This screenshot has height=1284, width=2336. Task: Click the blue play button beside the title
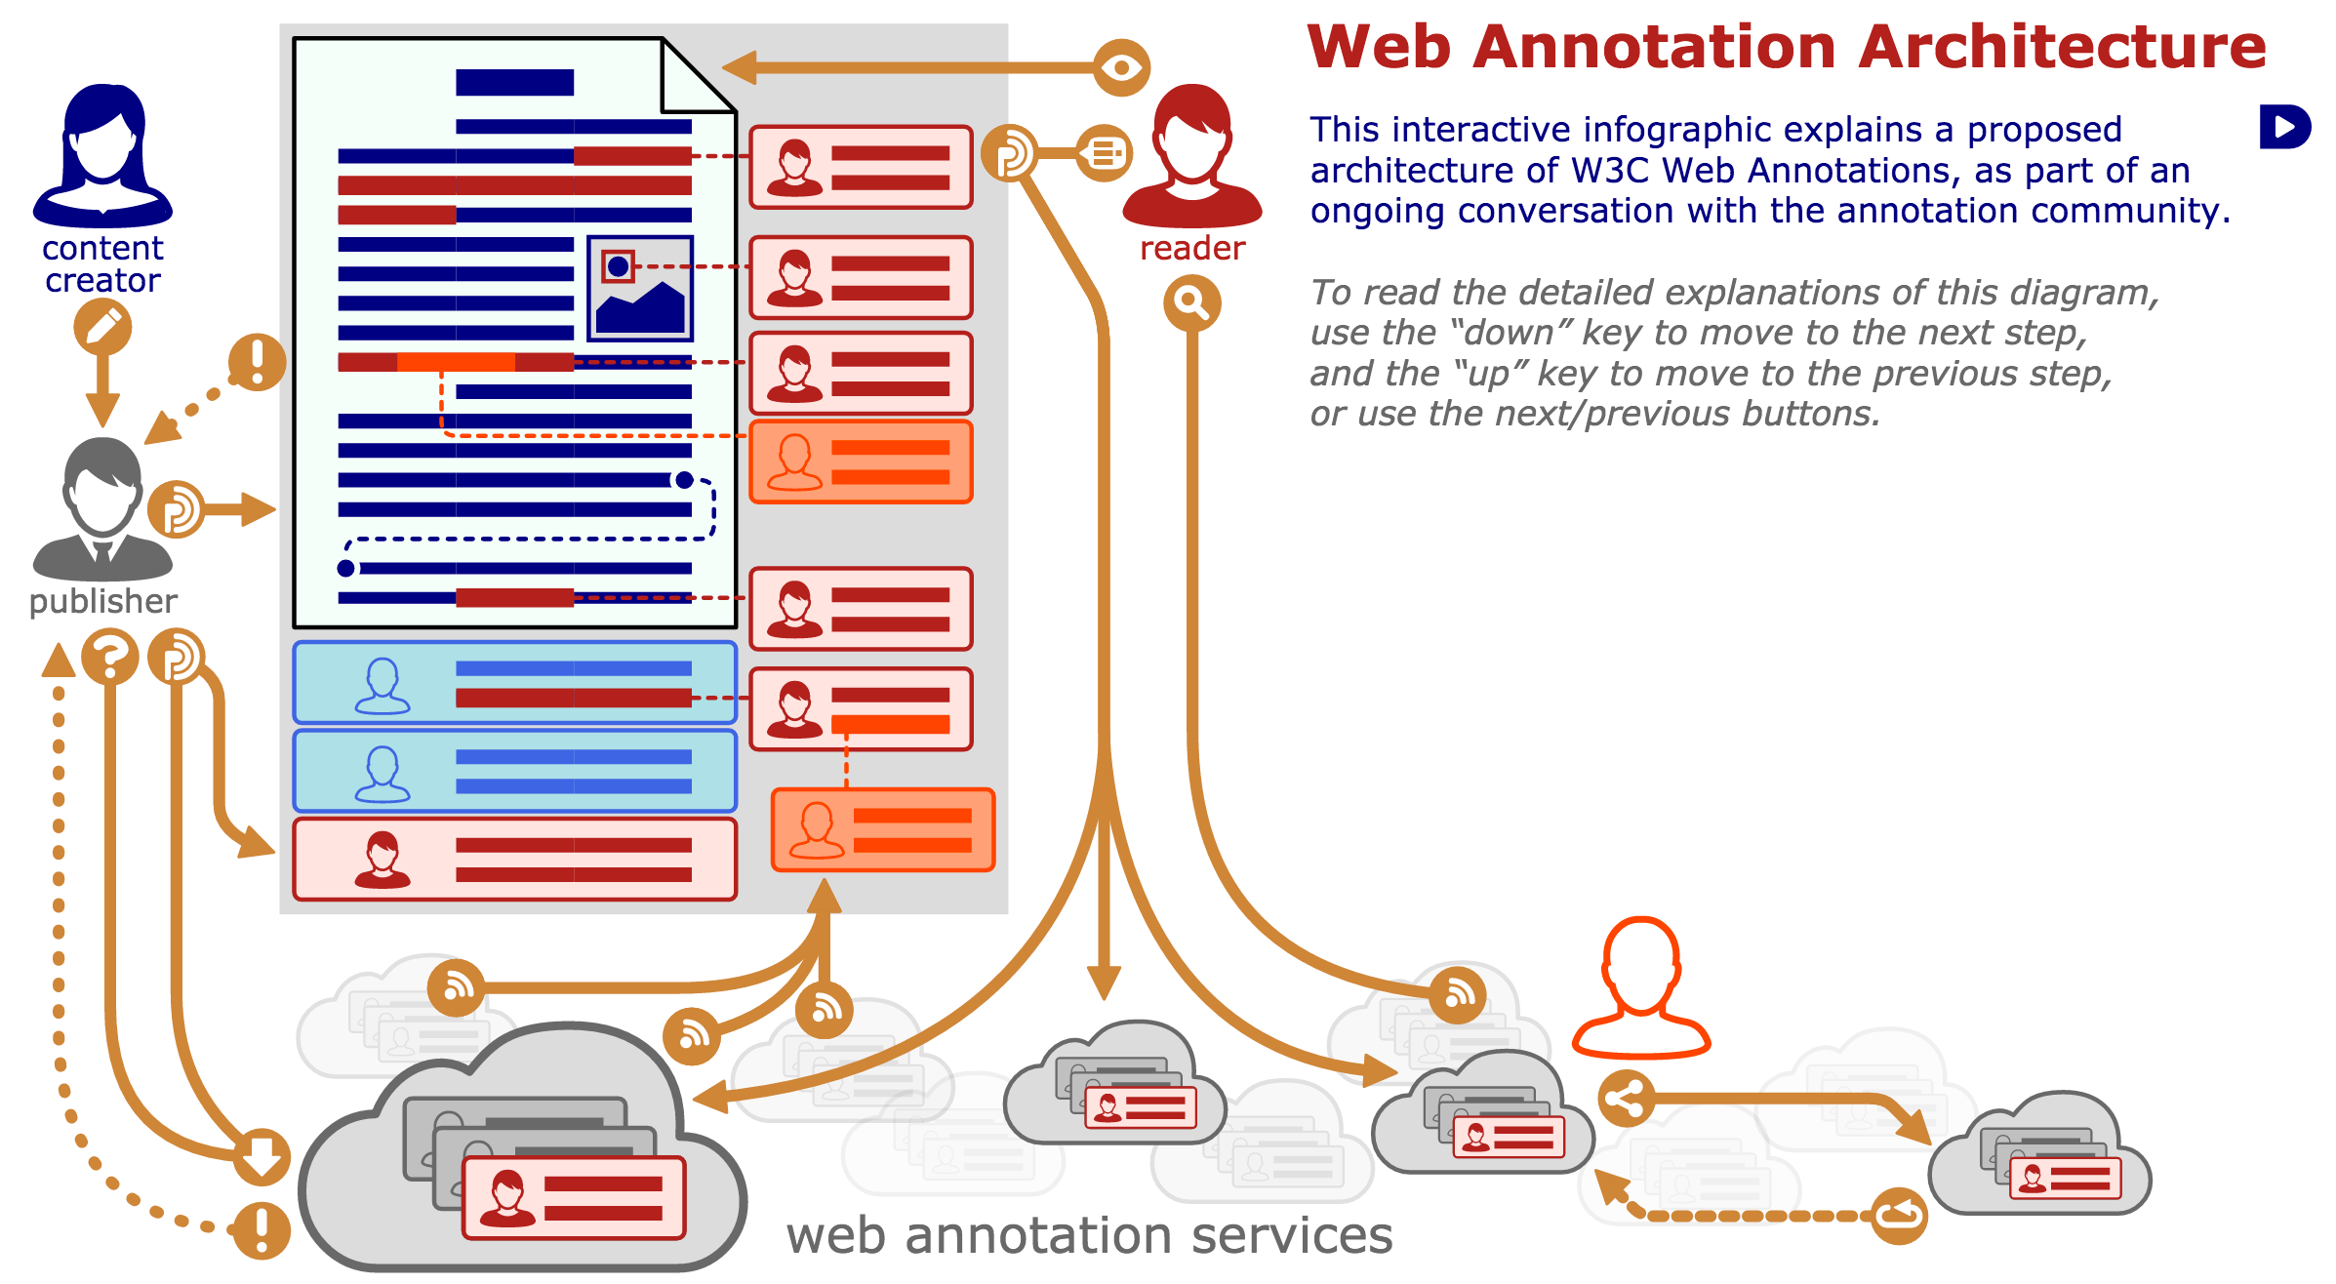coord(2283,127)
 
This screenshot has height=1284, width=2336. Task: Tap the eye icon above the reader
coord(1121,67)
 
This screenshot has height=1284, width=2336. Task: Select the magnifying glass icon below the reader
coord(1191,303)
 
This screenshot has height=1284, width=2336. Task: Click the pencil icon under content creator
coord(102,326)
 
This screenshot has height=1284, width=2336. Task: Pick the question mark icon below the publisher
coord(109,657)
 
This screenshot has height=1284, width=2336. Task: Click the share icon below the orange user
coord(1626,1099)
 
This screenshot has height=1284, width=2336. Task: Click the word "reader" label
coord(1191,249)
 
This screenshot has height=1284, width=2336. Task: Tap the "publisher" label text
coord(102,601)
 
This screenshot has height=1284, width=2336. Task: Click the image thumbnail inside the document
coord(639,289)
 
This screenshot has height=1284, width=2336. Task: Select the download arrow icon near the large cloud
coord(262,1156)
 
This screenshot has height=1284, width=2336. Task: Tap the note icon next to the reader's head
coord(1105,153)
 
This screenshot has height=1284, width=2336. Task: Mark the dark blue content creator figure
coord(102,156)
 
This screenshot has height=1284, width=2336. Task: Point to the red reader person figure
coord(1191,156)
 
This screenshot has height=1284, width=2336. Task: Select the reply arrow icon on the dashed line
coord(1899,1215)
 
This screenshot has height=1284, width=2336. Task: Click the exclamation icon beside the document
coord(257,362)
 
